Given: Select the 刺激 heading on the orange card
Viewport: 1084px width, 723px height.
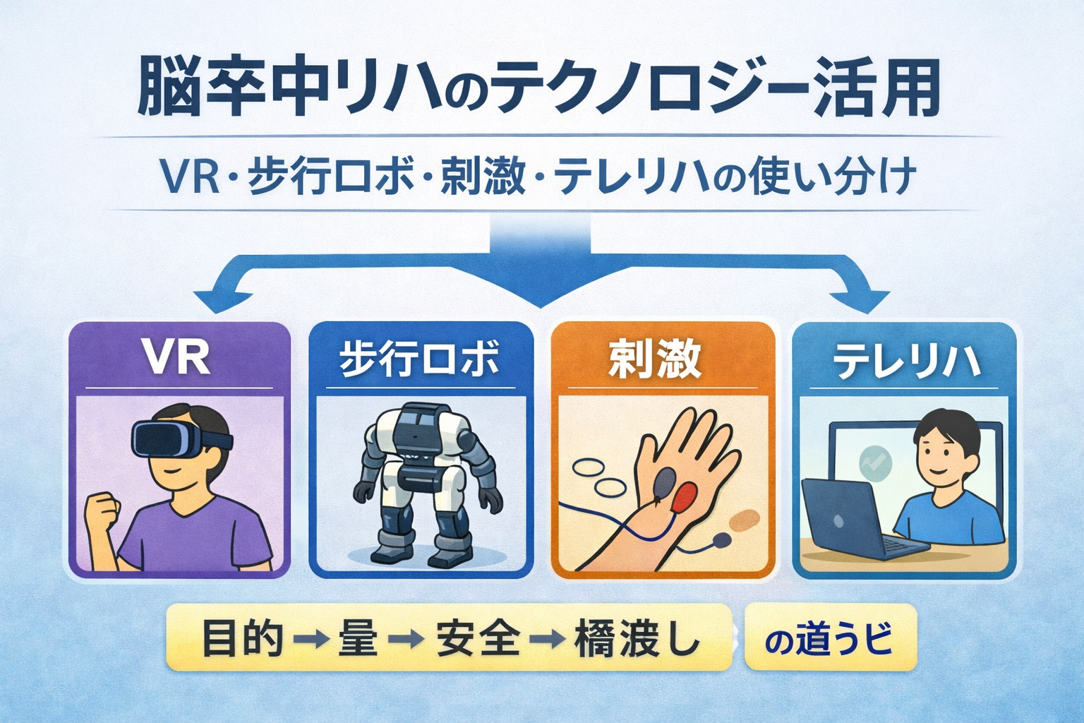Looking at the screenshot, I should coord(656,358).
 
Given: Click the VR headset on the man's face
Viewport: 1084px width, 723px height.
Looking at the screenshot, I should coord(175,439).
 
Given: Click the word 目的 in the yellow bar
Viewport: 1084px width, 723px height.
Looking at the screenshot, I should coord(242,638).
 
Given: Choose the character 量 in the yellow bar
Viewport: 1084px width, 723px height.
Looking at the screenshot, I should coord(359,638).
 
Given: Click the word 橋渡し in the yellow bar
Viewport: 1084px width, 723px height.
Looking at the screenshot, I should coord(637,638).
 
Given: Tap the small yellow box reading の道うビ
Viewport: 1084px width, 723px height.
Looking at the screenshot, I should coord(830,638).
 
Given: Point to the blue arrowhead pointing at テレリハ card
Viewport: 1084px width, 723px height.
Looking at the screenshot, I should coord(868,300).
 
